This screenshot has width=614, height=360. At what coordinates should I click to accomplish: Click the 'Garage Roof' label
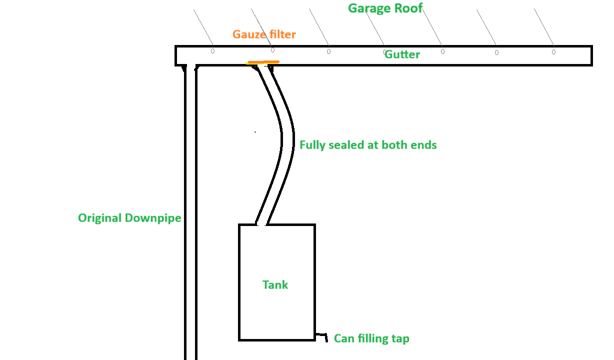coord(385,8)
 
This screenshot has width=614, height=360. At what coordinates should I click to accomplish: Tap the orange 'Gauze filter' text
coord(264,34)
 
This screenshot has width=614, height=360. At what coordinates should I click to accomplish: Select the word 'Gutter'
coord(402,54)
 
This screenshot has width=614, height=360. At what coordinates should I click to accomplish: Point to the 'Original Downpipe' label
coord(129,218)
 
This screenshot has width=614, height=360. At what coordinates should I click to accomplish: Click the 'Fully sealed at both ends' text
coord(368,145)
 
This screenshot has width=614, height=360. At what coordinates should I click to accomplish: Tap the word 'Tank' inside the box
coord(275,285)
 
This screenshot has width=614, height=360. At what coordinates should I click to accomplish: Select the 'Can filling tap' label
coord(371,338)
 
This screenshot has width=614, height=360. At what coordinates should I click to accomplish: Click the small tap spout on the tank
coord(322,337)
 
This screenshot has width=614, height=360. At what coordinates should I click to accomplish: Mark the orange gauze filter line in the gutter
coord(263,62)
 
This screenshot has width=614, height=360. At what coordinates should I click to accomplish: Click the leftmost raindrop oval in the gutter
coord(212,51)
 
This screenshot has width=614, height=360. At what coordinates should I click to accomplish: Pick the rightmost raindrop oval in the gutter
coord(553,52)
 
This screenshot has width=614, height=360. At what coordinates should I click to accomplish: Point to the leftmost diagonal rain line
coord(203,27)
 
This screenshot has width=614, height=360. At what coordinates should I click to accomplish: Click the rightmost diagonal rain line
coord(544,27)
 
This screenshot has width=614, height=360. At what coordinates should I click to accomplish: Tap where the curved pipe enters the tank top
coord(261,224)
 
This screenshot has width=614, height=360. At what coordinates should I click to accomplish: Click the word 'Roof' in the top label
coord(408,8)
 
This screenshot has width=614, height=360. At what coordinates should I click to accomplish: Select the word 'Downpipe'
coord(153,218)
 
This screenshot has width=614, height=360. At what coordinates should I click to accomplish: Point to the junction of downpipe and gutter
coord(190,66)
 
